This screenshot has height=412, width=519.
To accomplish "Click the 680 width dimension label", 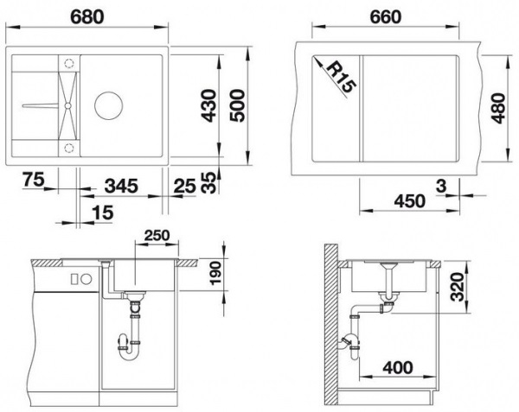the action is point(87,17).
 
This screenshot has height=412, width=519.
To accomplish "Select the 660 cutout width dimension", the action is point(386,17).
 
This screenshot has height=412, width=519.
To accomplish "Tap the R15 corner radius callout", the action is point(342,78).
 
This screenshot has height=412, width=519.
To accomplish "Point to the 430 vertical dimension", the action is point(208,105).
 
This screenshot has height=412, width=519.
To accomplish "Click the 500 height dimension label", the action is point(237,105).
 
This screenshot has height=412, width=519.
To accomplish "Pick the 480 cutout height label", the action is point(498,108).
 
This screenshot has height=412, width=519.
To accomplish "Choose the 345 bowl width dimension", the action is point(121,186).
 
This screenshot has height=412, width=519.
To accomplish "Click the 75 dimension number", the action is point(34,180).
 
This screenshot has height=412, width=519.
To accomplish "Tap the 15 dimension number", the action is point(103,212).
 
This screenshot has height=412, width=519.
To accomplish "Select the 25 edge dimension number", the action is point(185,187).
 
